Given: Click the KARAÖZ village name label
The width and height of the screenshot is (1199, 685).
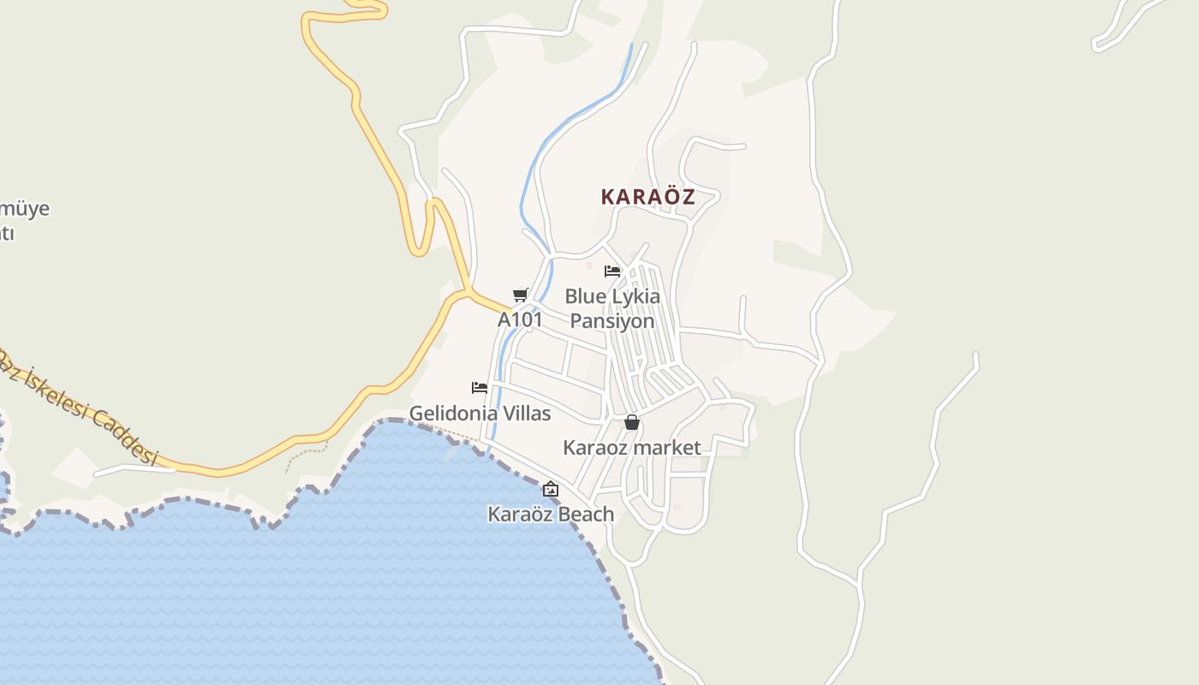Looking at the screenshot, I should [647, 197].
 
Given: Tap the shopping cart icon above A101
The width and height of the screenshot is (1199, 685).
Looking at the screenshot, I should [519, 295].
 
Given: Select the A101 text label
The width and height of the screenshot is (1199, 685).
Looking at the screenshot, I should [520, 320].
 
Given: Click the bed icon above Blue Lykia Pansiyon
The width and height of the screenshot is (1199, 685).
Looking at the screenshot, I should [611, 271].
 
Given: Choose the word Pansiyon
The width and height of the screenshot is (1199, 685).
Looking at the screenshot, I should [612, 321].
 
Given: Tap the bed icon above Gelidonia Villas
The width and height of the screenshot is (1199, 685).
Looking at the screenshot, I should [480, 388].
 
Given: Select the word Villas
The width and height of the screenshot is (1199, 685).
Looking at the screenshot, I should [527, 414].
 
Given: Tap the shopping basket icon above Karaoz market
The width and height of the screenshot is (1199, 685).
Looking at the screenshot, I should [632, 422].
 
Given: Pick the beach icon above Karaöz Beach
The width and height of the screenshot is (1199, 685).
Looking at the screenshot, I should [551, 490].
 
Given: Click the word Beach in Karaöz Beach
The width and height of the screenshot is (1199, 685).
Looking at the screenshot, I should [587, 515].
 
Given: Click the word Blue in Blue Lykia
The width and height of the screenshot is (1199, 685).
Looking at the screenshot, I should [585, 297].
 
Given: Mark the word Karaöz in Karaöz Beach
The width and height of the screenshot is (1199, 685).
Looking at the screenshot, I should [520, 515].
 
